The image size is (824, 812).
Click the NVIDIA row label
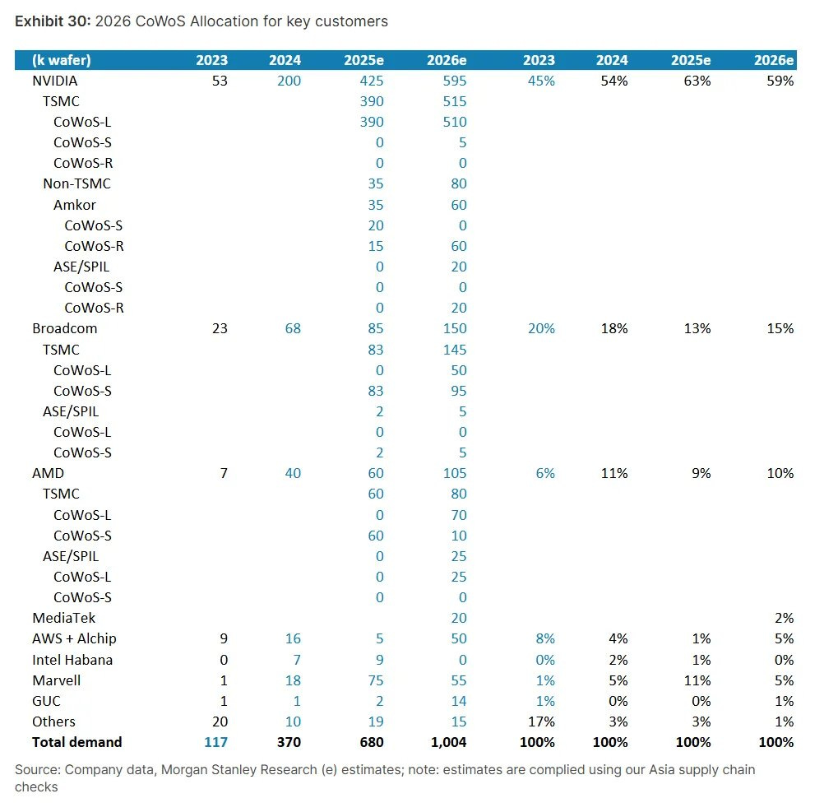55,81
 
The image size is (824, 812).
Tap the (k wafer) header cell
62,60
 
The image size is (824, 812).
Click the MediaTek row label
64,618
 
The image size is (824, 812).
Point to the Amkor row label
74,205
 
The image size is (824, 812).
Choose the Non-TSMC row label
76,183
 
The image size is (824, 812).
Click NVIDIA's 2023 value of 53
219,81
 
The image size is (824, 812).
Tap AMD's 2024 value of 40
293,473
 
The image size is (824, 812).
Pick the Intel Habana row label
72,660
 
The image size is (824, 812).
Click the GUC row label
46,701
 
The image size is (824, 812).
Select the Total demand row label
76,742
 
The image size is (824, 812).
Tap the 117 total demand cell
215,742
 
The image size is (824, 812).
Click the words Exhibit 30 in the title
52,21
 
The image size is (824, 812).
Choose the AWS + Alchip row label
75,638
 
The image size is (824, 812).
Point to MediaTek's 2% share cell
784,618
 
